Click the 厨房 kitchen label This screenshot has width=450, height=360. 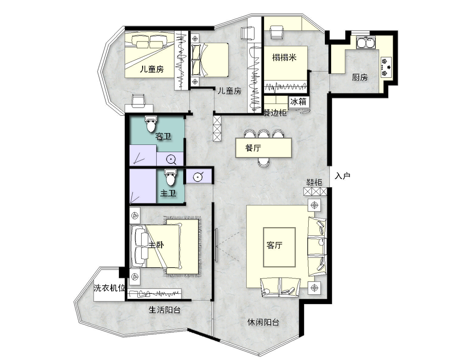pos(360,77)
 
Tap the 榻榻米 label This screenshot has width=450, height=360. pos(284,58)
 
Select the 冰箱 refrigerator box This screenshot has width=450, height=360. pos(298,102)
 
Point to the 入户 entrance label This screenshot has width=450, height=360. pos(342,175)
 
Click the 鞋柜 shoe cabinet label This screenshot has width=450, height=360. pos(314,182)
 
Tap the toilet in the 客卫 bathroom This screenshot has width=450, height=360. pos(151,124)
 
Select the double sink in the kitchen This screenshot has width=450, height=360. pos(365,42)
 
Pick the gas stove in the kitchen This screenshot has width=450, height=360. pos(386,67)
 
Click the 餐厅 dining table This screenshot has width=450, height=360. pos(263,148)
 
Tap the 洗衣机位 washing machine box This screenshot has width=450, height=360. pos(109,288)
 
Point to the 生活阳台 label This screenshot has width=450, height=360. pos(164,310)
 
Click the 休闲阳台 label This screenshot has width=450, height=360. pos(263,322)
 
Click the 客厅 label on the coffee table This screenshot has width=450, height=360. pos(274,245)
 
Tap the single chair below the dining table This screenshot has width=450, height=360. pos(263,162)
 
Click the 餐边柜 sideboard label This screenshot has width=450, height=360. pos(275,112)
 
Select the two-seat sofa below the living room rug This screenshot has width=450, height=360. pos(280,287)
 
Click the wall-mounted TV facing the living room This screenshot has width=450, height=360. pos(216,245)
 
